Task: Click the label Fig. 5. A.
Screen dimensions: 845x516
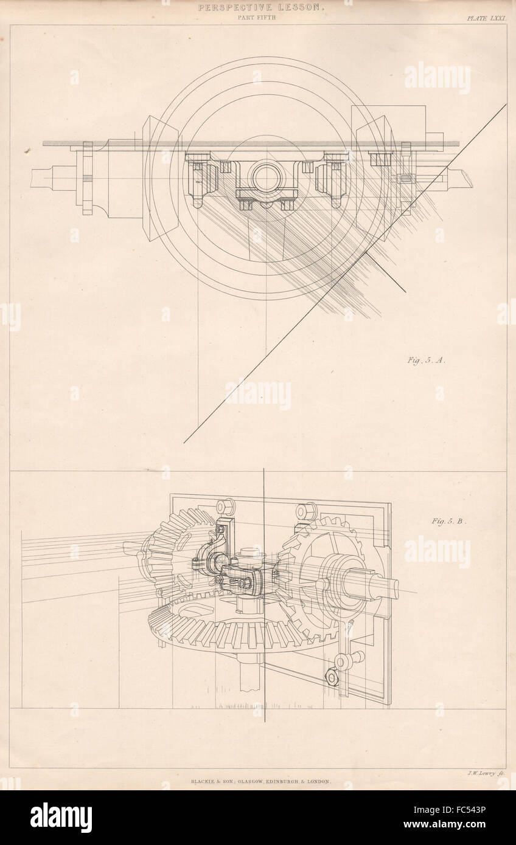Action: tap(427, 360)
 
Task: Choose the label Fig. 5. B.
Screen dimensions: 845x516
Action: tap(449, 520)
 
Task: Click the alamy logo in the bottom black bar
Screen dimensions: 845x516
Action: tap(61, 817)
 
